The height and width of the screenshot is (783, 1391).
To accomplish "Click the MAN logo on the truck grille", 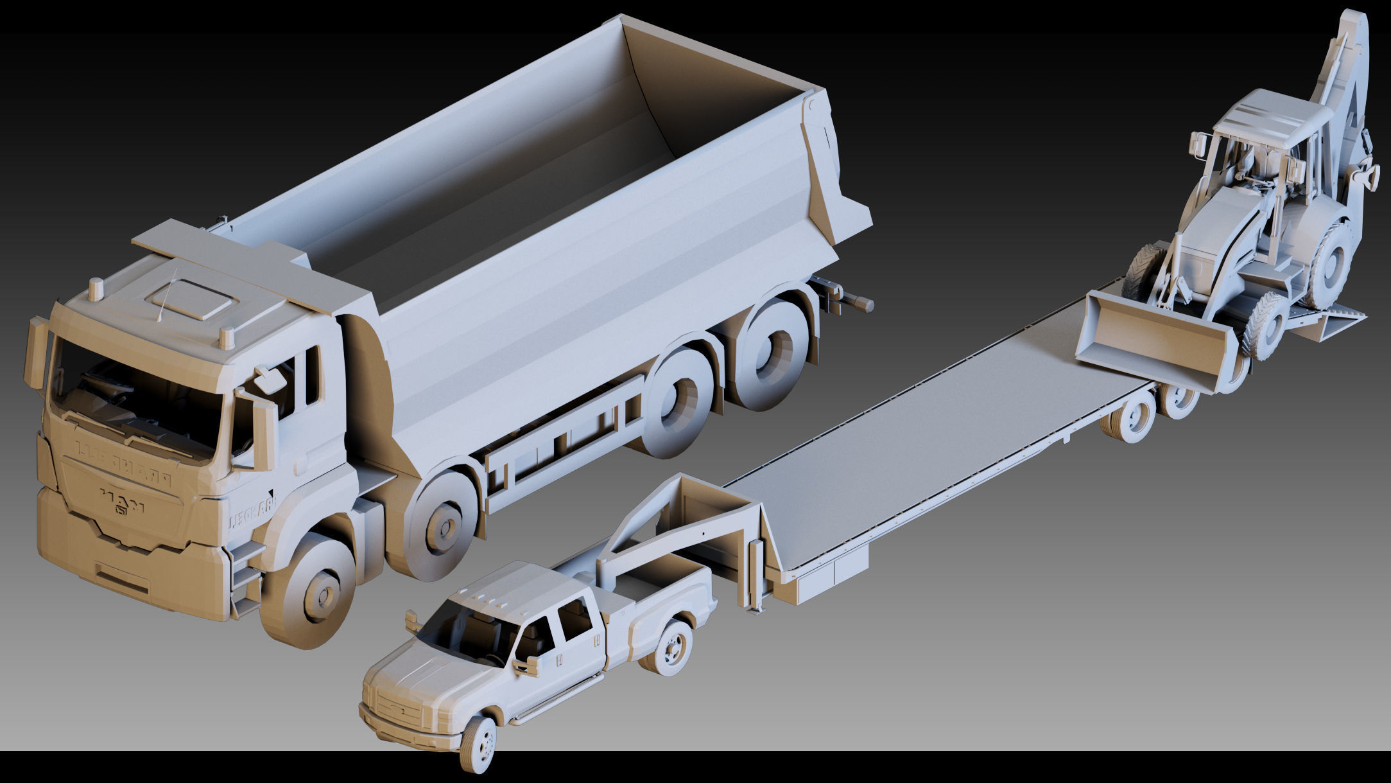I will [122, 500].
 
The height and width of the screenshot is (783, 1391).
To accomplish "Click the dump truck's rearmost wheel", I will [771, 353].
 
